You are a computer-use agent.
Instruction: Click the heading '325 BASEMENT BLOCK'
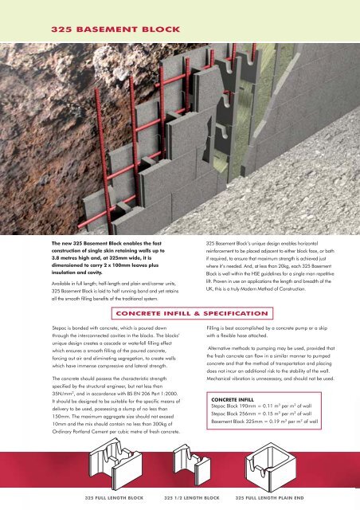pyautogui.click(x=115, y=29)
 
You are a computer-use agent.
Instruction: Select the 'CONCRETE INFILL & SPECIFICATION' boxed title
pyautogui.click(x=192, y=313)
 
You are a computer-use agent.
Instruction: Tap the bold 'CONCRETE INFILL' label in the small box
pyautogui.click(x=233, y=399)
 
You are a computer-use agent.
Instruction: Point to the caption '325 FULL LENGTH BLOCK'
pyautogui.click(x=114, y=497)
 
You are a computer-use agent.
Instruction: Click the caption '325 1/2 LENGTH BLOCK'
pyautogui.click(x=191, y=497)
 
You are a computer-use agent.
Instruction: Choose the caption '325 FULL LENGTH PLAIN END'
pyautogui.click(x=269, y=497)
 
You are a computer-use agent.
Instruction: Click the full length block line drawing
pyautogui.click(x=115, y=463)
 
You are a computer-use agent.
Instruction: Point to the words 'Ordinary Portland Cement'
pyautogui.click(x=77, y=432)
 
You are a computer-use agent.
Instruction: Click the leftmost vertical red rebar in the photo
pyautogui.click(x=104, y=159)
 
